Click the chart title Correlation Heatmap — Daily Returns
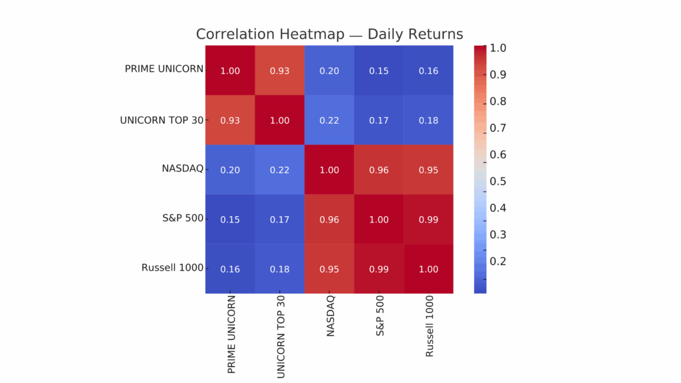tap(329, 34)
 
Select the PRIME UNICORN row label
tap(164, 69)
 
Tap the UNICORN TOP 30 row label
tap(162, 120)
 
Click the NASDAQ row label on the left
tap(182, 169)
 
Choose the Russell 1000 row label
tap(172, 268)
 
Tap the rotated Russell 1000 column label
tap(430, 325)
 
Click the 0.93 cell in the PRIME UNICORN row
tap(280, 70)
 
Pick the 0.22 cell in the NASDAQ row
tap(280, 170)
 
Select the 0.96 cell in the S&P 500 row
tap(330, 219)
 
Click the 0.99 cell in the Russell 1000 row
tap(379, 269)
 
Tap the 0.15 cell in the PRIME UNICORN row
tap(379, 70)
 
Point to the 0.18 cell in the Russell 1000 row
tap(280, 269)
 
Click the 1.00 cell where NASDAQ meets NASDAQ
tap(330, 170)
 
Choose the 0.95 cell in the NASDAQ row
tap(429, 170)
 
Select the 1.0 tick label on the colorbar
tap(497, 49)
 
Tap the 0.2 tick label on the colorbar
tap(497, 261)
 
